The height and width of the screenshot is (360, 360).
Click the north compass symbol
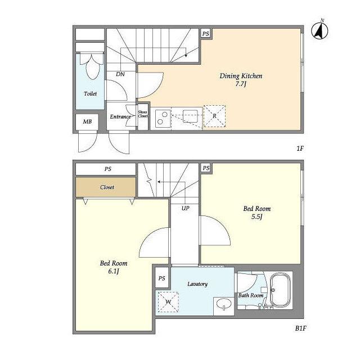[319, 31]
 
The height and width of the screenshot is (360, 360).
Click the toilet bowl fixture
[92, 66]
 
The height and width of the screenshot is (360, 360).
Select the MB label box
[87, 121]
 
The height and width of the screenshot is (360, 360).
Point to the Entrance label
[120, 116]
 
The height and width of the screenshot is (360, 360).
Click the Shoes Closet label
[142, 114]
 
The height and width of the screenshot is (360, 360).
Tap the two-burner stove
[163, 118]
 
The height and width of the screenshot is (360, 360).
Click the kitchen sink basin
[190, 116]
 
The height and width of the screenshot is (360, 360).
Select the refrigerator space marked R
[214, 116]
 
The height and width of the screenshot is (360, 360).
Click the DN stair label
[120, 74]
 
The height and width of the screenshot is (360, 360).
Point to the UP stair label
[186, 208]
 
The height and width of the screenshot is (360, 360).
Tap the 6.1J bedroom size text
[114, 271]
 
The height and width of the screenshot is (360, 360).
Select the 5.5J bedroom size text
[256, 217]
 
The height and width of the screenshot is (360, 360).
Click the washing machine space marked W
[168, 302]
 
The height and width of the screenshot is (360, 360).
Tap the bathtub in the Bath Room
[280, 290]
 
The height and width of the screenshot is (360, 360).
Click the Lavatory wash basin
[224, 304]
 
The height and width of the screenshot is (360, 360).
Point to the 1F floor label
[300, 148]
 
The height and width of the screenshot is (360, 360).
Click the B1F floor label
[300, 328]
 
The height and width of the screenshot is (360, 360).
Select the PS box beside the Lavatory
[162, 278]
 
